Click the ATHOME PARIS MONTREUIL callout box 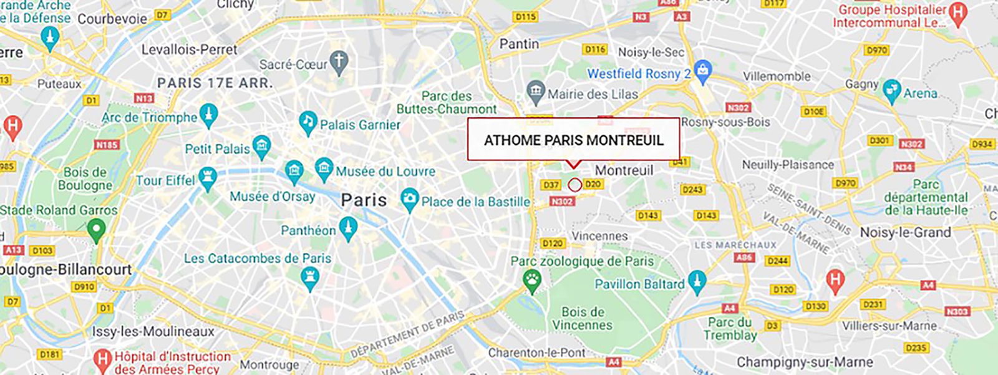(573, 140)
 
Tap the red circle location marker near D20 (574, 185)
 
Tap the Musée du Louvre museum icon (324, 168)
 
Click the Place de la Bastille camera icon (409, 199)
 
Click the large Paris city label (364, 200)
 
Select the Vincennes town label (599, 236)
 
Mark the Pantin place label (519, 44)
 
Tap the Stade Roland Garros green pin (95, 230)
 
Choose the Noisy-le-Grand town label (905, 232)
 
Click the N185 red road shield (107, 145)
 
